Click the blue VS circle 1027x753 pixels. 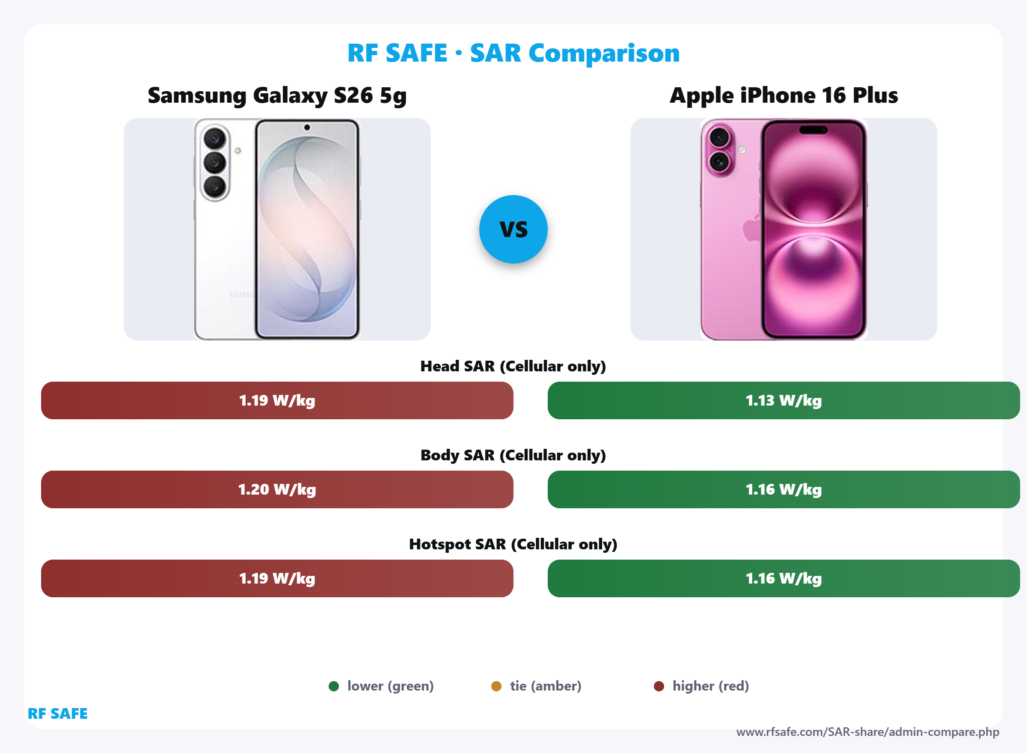513,229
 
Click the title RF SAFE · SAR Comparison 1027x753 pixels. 513,53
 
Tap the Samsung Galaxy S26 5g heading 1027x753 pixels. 277,96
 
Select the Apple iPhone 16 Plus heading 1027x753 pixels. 784,96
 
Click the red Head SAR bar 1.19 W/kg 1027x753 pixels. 277,400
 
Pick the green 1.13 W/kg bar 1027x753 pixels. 784,400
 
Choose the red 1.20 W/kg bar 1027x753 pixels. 277,489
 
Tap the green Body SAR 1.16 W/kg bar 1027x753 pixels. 784,489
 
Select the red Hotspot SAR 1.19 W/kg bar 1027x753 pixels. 277,578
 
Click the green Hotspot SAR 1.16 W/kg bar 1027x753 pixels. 784,578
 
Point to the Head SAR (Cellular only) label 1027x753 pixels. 513,366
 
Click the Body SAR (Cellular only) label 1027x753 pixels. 513,455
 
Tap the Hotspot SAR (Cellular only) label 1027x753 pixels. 513,544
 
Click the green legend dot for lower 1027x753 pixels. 334,686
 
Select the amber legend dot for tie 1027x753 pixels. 496,686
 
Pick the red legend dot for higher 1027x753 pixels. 659,686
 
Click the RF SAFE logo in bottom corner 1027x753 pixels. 57,713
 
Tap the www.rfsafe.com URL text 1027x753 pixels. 867,732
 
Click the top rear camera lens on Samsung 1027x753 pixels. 215,139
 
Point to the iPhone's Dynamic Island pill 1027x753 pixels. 813,130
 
